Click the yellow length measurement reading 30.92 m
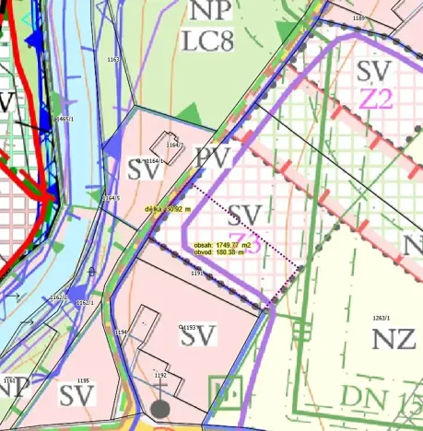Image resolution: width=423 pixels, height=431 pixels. pyautogui.click(x=167, y=209)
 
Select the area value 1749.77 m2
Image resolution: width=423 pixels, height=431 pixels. pyautogui.click(x=222, y=245)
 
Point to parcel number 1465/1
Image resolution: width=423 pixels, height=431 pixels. pyautogui.click(x=64, y=120)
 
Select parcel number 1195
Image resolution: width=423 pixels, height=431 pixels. pyautogui.click(x=81, y=380)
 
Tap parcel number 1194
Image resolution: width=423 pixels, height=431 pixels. pyautogui.click(x=119, y=331)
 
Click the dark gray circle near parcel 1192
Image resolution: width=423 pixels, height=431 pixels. pyautogui.click(x=160, y=407)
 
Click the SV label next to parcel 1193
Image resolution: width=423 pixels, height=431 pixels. pyautogui.click(x=198, y=337)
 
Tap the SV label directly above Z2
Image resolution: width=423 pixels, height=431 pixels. pyautogui.click(x=374, y=69)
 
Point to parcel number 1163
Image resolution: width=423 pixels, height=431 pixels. pyautogui.click(x=113, y=60)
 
